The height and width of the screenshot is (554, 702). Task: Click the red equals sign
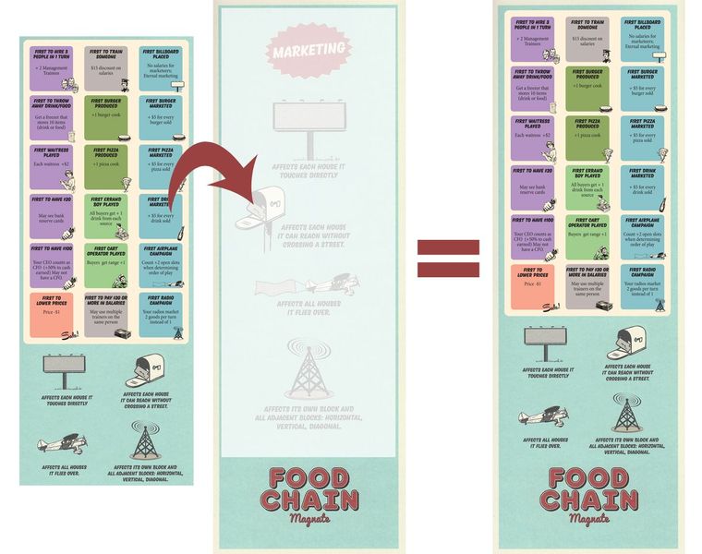tap(448, 259)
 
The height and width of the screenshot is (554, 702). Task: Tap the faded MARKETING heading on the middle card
tap(309, 49)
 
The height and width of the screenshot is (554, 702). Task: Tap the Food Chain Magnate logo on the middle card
tap(309, 493)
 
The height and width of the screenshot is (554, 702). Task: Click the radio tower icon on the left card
tap(144, 441)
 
